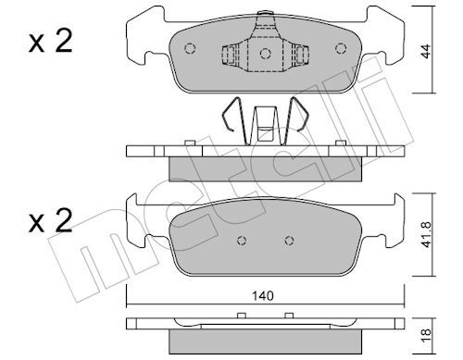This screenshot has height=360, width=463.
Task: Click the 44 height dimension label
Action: point(426,52)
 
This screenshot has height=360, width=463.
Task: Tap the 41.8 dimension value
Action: point(427,234)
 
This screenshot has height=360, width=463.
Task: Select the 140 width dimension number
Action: point(263,296)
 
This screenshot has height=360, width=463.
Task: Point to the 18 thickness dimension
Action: point(426,332)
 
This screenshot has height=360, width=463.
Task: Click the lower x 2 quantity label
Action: point(50,220)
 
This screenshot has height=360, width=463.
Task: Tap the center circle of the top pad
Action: point(265,54)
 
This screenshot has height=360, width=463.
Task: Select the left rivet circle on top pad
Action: point(190,48)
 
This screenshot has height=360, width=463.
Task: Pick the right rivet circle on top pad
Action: point(341,48)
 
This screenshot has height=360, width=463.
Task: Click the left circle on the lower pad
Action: point(242,241)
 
